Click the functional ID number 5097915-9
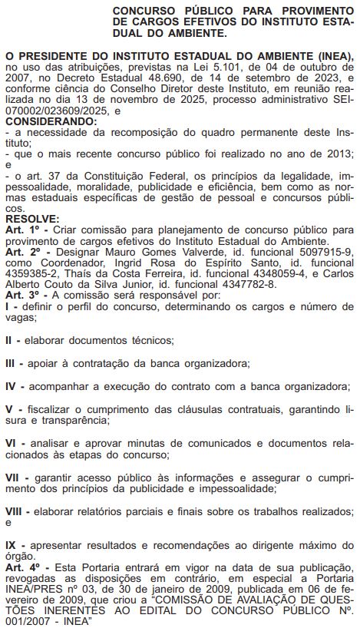(x=324, y=251)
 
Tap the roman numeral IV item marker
(x=12, y=385)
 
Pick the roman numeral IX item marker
(x=12, y=544)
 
